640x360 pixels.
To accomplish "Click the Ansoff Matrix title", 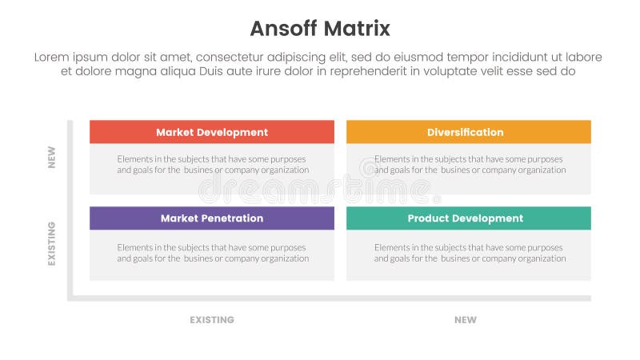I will pyautogui.click(x=320, y=29).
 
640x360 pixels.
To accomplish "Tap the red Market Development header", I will pyautogui.click(x=212, y=132).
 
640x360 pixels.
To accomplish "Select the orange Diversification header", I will pyautogui.click(x=468, y=132).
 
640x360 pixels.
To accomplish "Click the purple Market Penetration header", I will pyautogui.click(x=212, y=218).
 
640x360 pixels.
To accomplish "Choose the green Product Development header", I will pyautogui.click(x=468, y=218).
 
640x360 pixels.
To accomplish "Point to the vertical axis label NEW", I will pyautogui.click(x=52, y=156).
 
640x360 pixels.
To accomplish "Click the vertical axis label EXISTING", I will pyautogui.click(x=52, y=244).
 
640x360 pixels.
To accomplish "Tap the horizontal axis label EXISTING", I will pyautogui.click(x=212, y=320).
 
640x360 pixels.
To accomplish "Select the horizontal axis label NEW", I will pyautogui.click(x=465, y=320).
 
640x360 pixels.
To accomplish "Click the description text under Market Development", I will pyautogui.click(x=212, y=164).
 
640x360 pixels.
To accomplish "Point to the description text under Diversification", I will pyautogui.click(x=470, y=164).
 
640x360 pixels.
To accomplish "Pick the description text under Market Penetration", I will pyautogui.click(x=212, y=253).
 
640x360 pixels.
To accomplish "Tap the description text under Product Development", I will pyautogui.click(x=470, y=253).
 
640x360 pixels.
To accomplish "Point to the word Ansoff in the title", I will pyautogui.click(x=282, y=29).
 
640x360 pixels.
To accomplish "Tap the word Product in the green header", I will pyautogui.click(x=430, y=218).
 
